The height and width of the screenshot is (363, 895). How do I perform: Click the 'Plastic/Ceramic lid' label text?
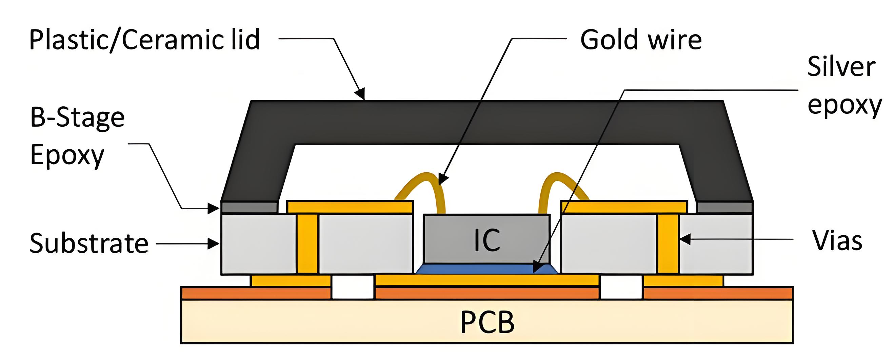[144, 40]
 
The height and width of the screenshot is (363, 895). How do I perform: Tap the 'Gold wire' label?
[641, 40]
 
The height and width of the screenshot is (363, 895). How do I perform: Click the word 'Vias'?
[837, 240]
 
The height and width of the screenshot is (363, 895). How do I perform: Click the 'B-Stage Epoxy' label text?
[77, 136]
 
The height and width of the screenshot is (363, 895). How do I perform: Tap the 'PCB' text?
[487, 323]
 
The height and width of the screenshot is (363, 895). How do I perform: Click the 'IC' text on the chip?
[487, 240]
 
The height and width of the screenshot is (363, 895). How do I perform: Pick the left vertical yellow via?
[307, 243]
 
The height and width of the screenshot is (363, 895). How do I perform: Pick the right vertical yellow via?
[668, 243]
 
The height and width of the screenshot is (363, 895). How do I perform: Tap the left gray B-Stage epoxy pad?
[249, 207]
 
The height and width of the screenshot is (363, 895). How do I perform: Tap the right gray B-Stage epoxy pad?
[725, 207]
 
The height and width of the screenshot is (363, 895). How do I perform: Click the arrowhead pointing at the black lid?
[361, 94]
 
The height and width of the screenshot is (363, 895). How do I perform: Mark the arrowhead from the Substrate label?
[213, 243]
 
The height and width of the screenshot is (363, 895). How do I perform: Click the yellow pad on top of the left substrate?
[350, 207]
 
